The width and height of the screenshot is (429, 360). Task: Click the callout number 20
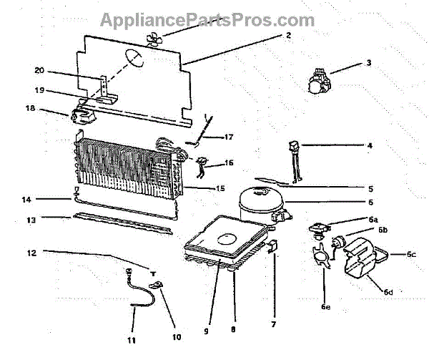coord(39,70)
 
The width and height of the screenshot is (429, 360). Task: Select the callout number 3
coord(368,63)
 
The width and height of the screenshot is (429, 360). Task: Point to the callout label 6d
coord(388,291)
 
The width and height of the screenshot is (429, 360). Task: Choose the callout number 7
coord(272,324)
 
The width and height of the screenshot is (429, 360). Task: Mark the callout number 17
coord(229,136)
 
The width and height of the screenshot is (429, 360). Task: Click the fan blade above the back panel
coord(156,40)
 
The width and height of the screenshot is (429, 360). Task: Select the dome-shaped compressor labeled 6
coord(259,200)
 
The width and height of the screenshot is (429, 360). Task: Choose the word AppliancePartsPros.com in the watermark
coord(207,19)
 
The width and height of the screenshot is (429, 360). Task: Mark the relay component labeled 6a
coord(317,228)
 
